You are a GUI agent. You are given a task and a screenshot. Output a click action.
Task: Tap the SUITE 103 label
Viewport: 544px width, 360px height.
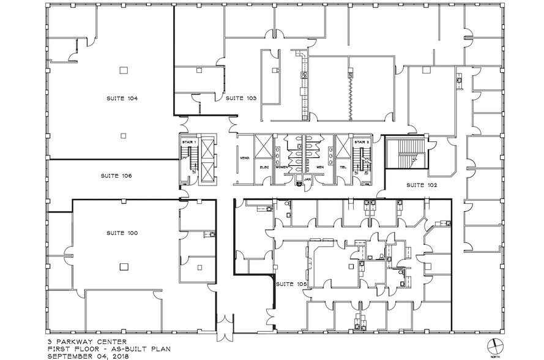tap(240, 98)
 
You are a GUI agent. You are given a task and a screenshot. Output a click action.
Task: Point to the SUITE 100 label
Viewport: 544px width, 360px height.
tap(122, 233)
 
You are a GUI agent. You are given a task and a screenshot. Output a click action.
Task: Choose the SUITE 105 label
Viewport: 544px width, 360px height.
tap(290, 285)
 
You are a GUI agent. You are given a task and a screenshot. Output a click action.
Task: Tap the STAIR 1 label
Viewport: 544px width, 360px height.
tap(187, 142)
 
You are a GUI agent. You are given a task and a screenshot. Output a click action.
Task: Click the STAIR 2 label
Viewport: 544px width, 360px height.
tap(364, 142)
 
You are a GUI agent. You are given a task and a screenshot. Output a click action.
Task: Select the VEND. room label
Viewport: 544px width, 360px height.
tap(243, 157)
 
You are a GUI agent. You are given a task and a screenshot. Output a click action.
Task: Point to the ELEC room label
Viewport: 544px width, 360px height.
tap(266, 167)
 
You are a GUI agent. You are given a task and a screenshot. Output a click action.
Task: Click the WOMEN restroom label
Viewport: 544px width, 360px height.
tap(282, 167)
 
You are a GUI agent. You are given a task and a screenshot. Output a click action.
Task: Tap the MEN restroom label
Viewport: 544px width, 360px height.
tap(319, 167)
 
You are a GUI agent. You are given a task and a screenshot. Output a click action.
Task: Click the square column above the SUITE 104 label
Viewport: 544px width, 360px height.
tap(124, 69)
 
